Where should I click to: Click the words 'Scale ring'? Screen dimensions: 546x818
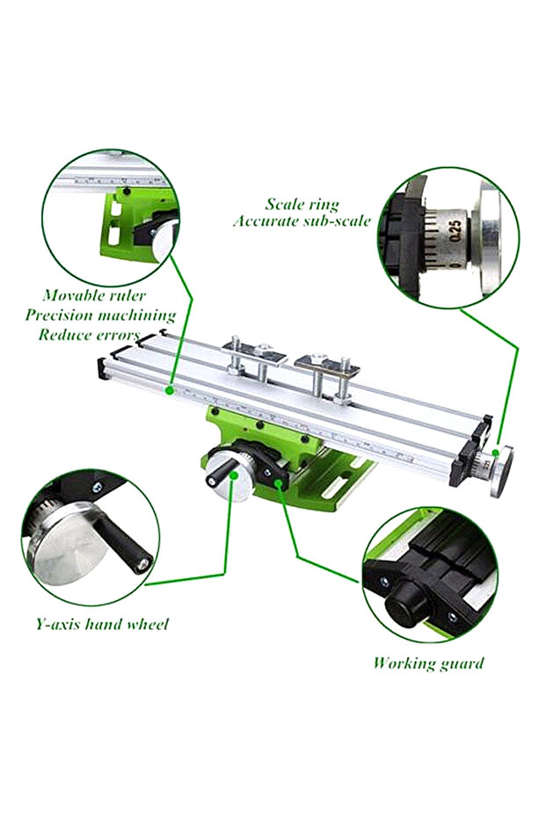302,204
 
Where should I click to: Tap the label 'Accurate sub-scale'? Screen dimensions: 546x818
302,221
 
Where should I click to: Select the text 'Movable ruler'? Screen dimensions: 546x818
94,295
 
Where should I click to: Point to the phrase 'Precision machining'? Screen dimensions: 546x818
100,315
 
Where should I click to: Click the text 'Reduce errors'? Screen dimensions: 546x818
89,334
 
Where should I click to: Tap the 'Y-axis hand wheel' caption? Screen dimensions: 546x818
102,624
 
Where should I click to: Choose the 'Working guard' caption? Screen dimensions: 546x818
428,662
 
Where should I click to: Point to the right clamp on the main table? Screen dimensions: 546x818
328,374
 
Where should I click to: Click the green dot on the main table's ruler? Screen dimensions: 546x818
169,389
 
